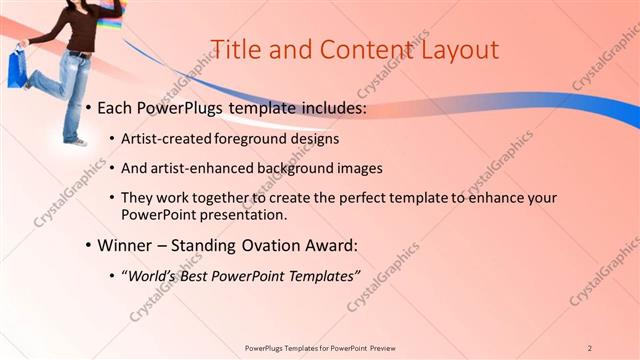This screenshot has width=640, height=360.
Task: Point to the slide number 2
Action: click(x=590, y=347)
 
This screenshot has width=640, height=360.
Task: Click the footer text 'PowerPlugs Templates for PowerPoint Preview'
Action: click(x=320, y=347)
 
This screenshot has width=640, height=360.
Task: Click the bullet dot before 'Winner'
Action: click(x=89, y=246)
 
